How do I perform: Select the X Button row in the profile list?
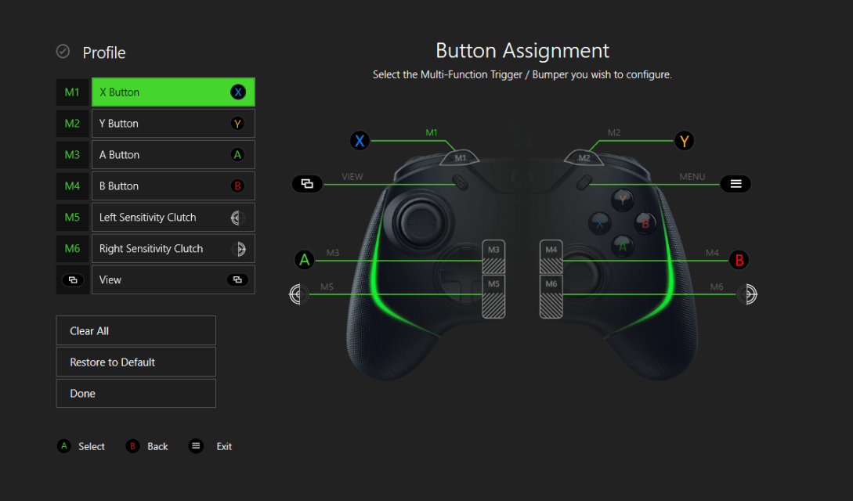pos(173,92)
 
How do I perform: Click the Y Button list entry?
pos(173,124)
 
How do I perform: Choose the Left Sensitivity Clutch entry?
pos(173,218)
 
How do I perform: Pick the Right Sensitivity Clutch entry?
pos(173,249)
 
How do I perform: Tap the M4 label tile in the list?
pos(72,186)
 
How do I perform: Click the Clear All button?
pos(136,331)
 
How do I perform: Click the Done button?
pos(136,394)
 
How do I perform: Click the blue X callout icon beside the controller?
pos(360,141)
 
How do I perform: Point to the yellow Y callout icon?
pos(685,141)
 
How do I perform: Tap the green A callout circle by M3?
pos(305,260)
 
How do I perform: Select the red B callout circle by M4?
pos(738,260)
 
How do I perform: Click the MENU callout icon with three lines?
pos(736,184)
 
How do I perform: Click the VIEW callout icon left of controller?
pos(307,184)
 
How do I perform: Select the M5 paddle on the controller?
pos(493,297)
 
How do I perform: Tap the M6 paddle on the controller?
pos(551,297)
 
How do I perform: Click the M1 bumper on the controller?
pos(461,157)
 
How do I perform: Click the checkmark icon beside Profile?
pos(63,52)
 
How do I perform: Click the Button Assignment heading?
pos(522,51)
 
